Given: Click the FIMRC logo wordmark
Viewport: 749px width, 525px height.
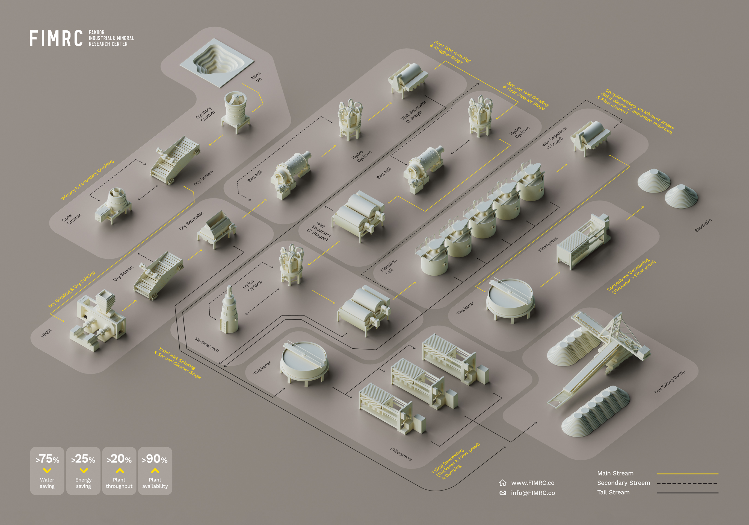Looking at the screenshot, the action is click(x=56, y=38).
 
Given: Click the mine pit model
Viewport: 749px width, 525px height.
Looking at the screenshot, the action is click(x=217, y=62).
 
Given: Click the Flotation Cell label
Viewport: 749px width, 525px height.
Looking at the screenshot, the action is click(x=389, y=267).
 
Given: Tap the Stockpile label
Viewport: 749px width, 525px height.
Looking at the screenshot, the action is click(x=703, y=225).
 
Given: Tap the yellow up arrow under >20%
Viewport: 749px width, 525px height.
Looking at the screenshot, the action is click(x=120, y=471).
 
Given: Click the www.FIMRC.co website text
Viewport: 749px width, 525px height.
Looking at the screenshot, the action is click(x=533, y=483).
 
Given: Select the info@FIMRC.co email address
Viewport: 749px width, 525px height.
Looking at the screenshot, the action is click(x=533, y=493).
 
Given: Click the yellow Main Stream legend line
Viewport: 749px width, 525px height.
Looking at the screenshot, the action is click(x=688, y=474).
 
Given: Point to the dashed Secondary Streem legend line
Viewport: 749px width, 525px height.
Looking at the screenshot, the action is click(x=688, y=483).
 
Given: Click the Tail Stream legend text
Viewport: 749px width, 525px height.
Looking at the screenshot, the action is click(x=613, y=492).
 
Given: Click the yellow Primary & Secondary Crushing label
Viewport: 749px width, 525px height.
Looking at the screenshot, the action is click(x=87, y=180).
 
